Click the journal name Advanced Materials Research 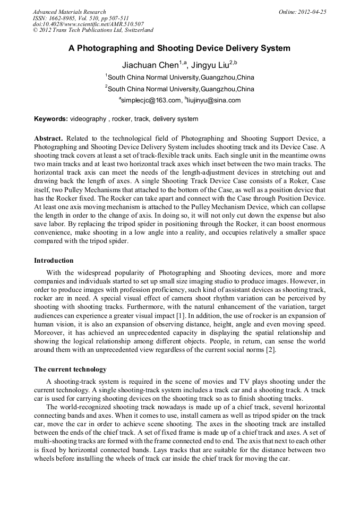[x=69, y=12]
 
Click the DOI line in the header [x=88, y=24]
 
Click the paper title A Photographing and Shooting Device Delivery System [x=179, y=48]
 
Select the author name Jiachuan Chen [x=150, y=66]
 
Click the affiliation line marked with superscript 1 [x=181, y=77]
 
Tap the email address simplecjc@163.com [x=150, y=100]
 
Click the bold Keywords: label [x=51, y=119]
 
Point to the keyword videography [x=88, y=119]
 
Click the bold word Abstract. [x=49, y=138]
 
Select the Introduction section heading [x=54, y=261]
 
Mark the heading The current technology [x=70, y=369]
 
